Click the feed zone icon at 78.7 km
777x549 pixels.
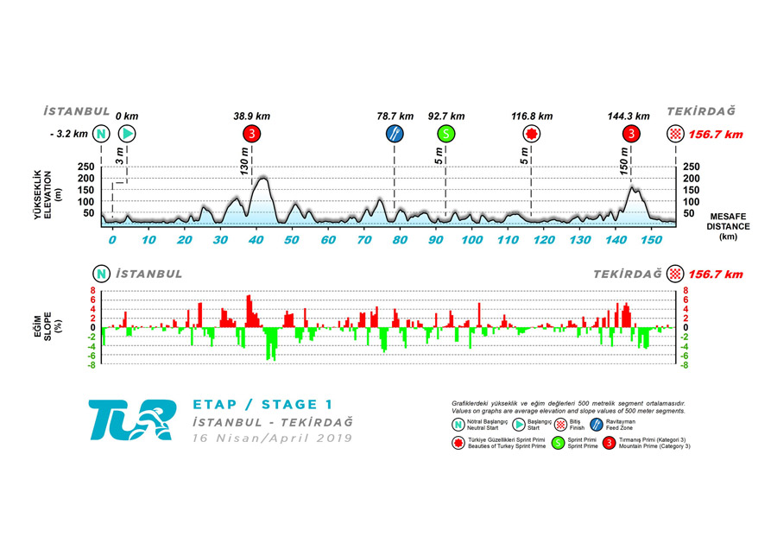(x=395, y=134)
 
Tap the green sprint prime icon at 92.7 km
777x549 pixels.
(x=445, y=134)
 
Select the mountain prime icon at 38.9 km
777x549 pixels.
(x=251, y=134)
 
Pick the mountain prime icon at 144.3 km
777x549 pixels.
(x=632, y=134)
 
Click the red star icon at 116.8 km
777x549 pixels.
(x=531, y=134)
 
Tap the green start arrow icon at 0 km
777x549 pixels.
(x=127, y=134)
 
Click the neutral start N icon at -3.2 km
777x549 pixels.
(x=102, y=134)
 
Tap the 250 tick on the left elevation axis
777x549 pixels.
(x=86, y=167)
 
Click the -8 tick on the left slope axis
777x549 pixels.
(x=91, y=365)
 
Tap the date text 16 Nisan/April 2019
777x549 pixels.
(x=272, y=438)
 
